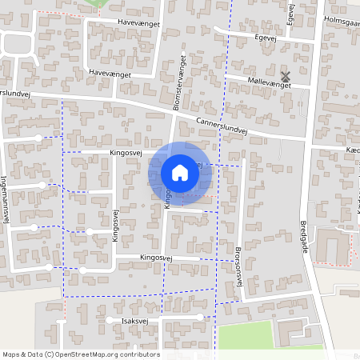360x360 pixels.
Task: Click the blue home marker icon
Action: (x=180, y=173)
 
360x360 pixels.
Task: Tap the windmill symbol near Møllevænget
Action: (x=286, y=76)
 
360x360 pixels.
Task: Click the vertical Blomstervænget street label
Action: (x=182, y=82)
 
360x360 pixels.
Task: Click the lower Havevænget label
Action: (x=110, y=73)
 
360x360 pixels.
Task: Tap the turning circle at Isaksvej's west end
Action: (x=109, y=320)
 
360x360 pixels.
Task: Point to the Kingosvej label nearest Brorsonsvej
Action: (x=158, y=258)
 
